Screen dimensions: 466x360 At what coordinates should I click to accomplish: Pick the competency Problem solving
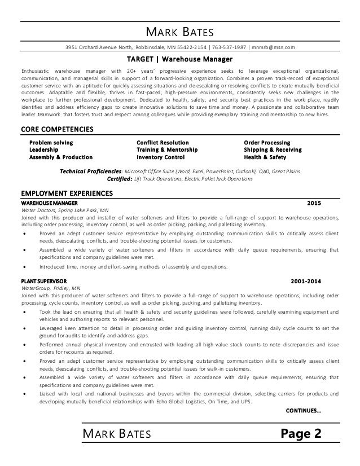51,142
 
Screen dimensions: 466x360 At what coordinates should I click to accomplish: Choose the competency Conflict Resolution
163,142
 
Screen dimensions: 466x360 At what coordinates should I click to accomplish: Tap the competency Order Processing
267,142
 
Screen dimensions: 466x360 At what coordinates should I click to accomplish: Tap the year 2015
314,202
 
